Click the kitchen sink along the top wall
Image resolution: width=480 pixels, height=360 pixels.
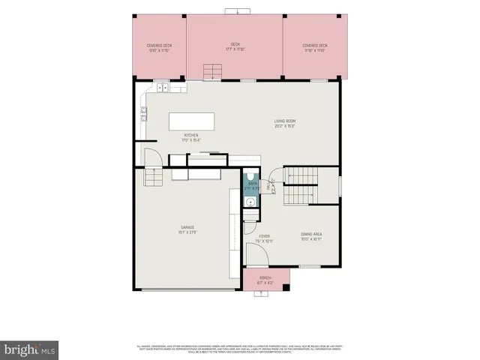(161, 87)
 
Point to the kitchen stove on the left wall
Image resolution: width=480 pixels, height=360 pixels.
(142, 115)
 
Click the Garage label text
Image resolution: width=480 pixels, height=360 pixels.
(187, 229)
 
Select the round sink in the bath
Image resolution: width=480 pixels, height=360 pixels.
(251, 201)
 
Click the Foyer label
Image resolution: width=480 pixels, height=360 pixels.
(265, 238)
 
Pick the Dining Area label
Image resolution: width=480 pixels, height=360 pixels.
(311, 237)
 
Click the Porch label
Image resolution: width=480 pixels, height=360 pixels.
(265, 280)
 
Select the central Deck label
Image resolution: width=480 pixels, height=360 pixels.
(235, 47)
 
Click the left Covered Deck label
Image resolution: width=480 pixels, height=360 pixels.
(159, 47)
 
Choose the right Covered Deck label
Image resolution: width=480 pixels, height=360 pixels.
(314, 47)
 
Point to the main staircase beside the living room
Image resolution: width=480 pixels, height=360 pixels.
(303, 186)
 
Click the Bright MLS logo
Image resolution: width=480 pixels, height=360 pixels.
(30, 349)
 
